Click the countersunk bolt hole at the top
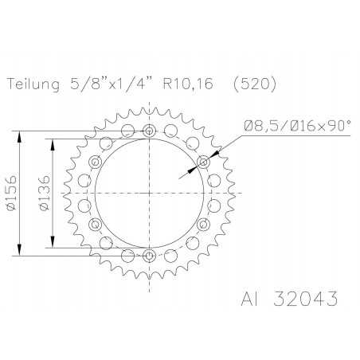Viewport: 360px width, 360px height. pyautogui.click(x=149, y=131)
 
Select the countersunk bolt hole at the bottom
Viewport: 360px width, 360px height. pyautogui.click(x=149, y=255)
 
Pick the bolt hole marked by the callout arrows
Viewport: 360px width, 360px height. pyautogui.click(x=202, y=162)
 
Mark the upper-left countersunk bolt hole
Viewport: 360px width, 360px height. pyautogui.click(x=96, y=162)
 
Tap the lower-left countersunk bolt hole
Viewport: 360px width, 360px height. pyautogui.click(x=96, y=224)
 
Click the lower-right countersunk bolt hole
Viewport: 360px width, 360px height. pyautogui.click(x=202, y=224)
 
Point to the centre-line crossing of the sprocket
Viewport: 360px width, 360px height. pyautogui.click(x=149, y=194)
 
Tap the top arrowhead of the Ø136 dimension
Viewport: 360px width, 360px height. pyautogui.click(x=53, y=142)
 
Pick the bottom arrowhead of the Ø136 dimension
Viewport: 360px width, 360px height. pyautogui.click(x=53, y=245)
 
